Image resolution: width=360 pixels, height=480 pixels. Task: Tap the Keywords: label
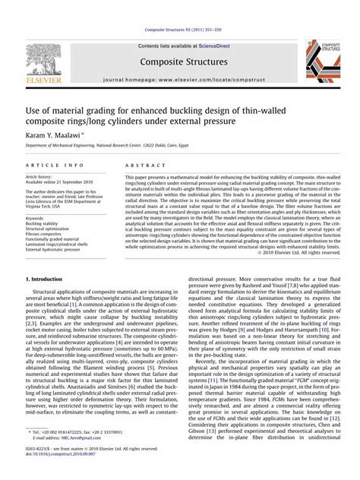(35, 218)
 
